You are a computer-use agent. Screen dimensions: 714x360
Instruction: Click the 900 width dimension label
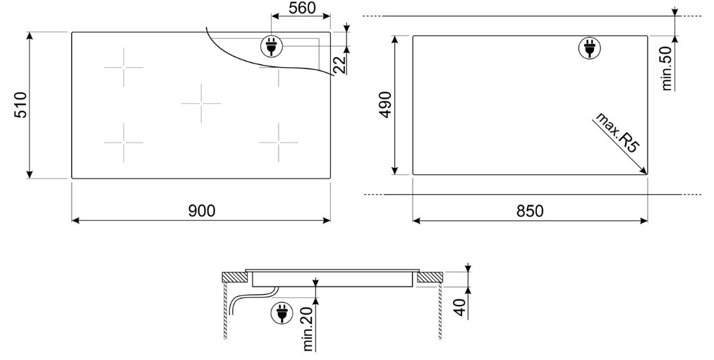[x=201, y=210]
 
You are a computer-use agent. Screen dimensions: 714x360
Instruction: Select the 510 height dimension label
[x=21, y=104]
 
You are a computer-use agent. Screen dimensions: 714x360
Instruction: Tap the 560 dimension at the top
[x=302, y=8]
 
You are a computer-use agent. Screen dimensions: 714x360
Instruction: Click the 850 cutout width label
[x=530, y=211]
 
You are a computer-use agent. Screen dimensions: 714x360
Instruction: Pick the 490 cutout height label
[x=385, y=104]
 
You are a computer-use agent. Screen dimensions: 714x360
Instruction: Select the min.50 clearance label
[x=667, y=68]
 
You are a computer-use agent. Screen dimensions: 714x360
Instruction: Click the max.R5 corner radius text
[x=618, y=132]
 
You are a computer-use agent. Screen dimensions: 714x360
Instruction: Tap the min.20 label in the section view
[x=308, y=329]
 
